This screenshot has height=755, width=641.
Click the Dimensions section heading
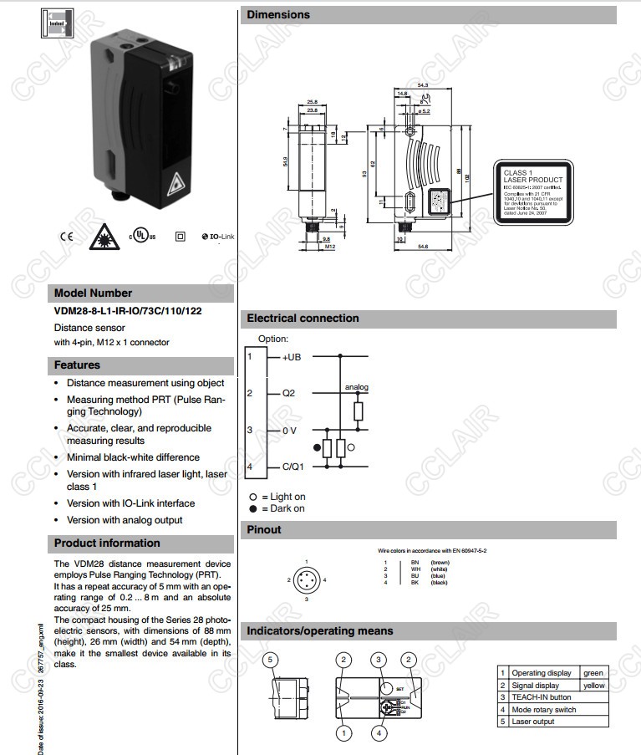278,15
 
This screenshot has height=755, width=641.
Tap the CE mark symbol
66,236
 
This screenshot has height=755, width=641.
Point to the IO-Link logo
218,237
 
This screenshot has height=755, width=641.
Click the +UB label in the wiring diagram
292,357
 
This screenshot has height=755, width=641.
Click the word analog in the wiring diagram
357,387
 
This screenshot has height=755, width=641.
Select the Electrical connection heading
303,319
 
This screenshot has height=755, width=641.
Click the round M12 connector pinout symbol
307,579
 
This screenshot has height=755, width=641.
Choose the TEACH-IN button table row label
542,696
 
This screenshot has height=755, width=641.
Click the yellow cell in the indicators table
593,685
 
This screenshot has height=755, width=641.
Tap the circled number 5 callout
269,660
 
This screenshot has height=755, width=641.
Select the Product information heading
107,543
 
